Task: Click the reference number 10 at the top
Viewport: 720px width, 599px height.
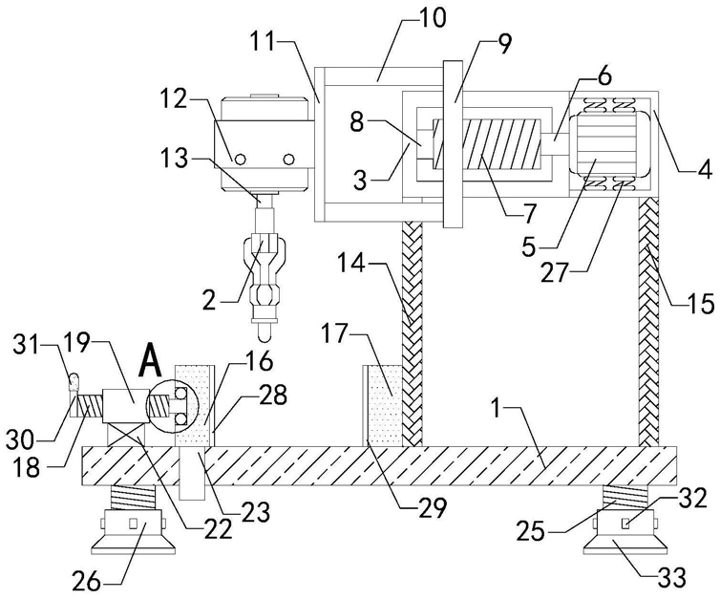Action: (432, 19)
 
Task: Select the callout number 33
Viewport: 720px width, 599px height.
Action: (671, 576)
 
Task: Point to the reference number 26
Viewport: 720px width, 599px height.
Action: (86, 582)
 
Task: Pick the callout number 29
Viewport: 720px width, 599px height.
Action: (432, 507)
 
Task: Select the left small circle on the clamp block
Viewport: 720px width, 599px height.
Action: (240, 160)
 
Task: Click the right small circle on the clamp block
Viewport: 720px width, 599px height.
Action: (288, 160)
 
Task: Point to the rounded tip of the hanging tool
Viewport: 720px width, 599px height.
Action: (264, 334)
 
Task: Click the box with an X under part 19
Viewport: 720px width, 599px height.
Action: (126, 434)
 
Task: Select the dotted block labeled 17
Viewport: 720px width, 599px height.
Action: (383, 405)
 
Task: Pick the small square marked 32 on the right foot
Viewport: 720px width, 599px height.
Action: (625, 523)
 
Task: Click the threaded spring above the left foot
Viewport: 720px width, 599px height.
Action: (134, 497)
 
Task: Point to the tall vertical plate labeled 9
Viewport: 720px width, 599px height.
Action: (455, 143)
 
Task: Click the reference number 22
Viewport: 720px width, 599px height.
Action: (217, 530)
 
